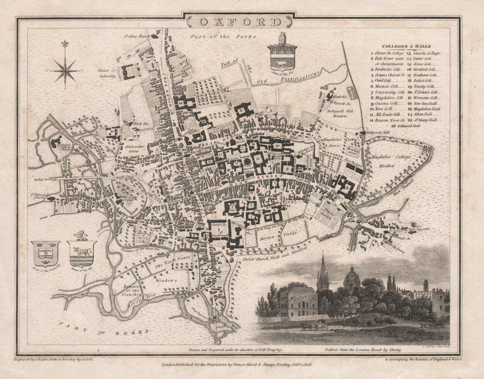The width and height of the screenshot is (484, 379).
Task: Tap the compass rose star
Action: coord(64,70)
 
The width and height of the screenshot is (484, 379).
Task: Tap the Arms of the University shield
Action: coord(45,253)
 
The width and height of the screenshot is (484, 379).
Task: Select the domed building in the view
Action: coord(351,280)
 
